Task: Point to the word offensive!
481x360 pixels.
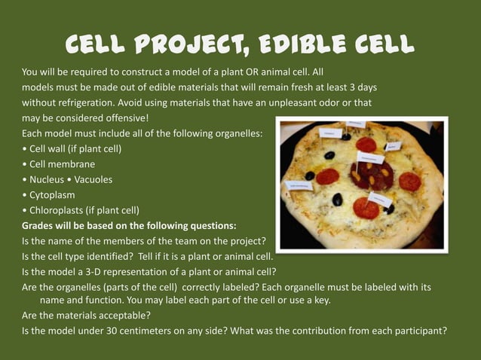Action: point(126,118)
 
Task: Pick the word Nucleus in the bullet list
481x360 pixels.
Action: point(47,179)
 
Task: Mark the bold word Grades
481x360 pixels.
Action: point(39,225)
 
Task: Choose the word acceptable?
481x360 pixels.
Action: point(119,315)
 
